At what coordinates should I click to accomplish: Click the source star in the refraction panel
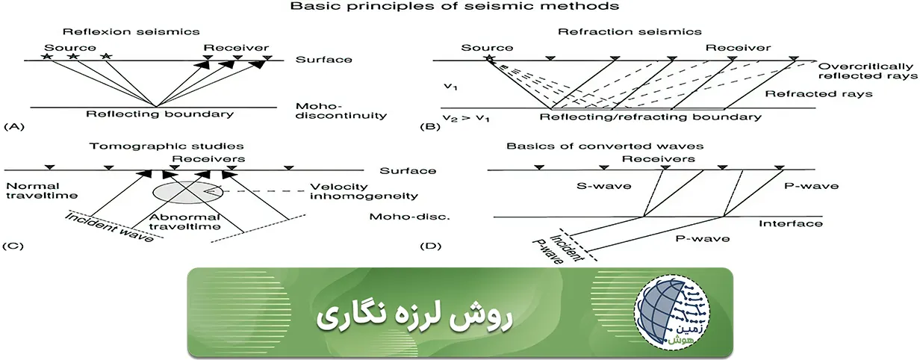pyautogui.click(x=490, y=59)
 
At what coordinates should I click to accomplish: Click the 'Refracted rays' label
pyautogui.click(x=818, y=94)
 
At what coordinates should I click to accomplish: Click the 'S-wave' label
pyautogui.click(x=602, y=186)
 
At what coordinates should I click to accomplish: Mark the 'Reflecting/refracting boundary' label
pyautogui.click(x=650, y=117)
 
